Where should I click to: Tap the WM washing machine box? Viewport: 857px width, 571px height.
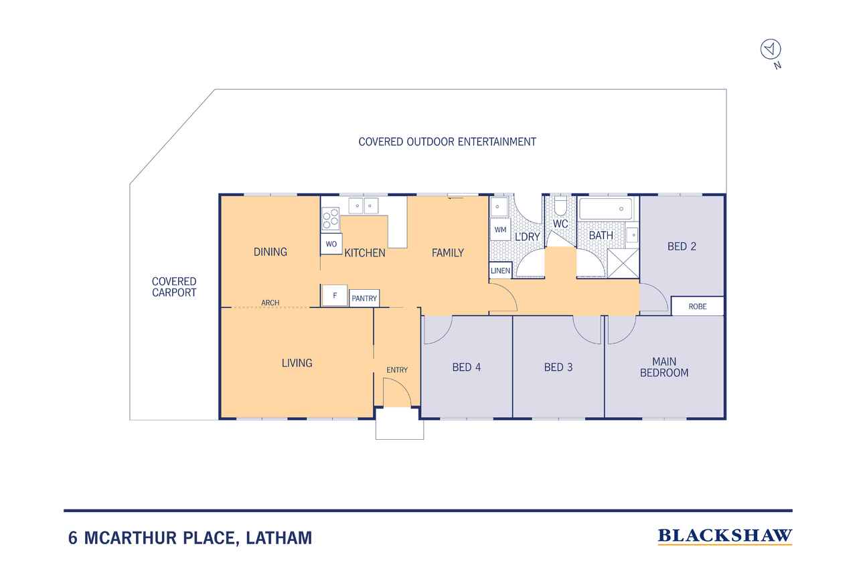point(500,230)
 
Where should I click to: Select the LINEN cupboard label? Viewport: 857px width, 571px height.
point(500,271)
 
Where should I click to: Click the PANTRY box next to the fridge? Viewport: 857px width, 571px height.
point(364,299)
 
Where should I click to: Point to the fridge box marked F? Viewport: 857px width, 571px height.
point(335,296)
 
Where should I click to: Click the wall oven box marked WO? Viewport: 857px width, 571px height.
point(331,244)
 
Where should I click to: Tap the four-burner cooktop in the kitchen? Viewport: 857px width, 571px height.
point(331,219)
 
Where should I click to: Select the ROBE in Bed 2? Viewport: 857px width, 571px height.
point(698,307)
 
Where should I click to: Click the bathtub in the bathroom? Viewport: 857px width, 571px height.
point(606,209)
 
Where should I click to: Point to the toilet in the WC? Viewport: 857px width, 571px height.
point(561,207)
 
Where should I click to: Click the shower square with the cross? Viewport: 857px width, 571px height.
point(623,264)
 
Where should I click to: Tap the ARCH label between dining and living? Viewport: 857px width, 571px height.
point(270,303)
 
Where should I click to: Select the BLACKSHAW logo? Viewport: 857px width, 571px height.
point(725,537)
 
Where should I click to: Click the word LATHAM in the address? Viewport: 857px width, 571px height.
point(279,538)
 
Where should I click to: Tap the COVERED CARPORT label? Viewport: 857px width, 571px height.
point(174,287)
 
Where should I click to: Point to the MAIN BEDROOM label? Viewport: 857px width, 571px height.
point(664,367)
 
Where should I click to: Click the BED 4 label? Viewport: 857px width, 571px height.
point(467,368)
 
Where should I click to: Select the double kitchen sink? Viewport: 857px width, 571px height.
point(364,206)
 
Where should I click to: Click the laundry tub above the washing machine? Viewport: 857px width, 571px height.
point(499,207)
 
